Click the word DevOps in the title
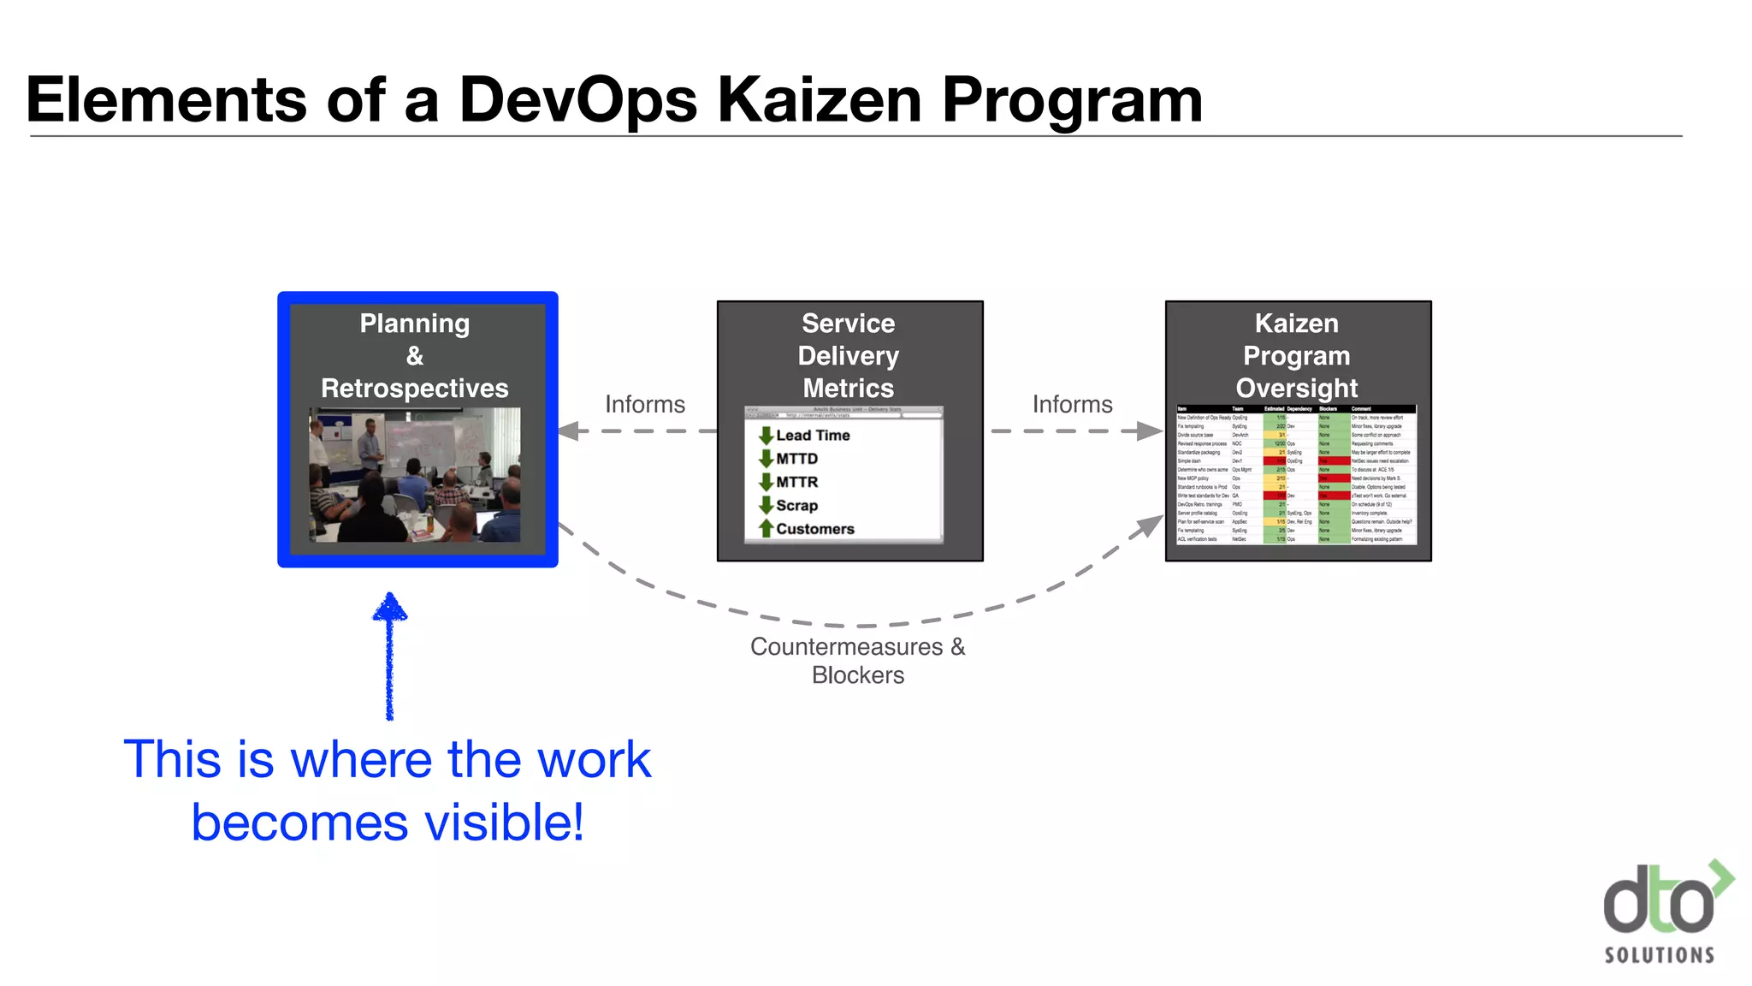[x=578, y=100]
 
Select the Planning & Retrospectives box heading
[x=415, y=355]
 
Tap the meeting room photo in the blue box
[x=415, y=475]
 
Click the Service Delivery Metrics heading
[x=848, y=355]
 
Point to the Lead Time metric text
[x=813, y=436]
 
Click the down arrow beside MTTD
[x=766, y=459]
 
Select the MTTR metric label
[x=796, y=483]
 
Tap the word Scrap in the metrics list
[x=796, y=506]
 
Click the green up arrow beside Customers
[x=766, y=529]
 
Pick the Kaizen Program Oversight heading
[x=1296, y=355]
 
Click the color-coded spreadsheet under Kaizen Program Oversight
[x=1296, y=475]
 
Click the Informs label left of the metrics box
[x=645, y=404]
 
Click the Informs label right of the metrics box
[x=1072, y=404]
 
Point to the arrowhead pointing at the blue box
[x=569, y=431]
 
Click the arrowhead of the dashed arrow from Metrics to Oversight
[x=1150, y=431]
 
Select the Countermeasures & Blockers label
[x=857, y=661]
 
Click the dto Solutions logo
[x=1664, y=912]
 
